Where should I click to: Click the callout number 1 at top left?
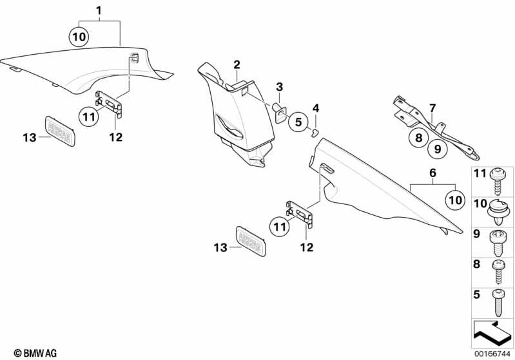click(x=99, y=11)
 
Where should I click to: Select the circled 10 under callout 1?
click(x=79, y=37)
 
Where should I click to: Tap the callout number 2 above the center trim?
click(x=237, y=64)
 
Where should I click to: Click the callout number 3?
click(x=280, y=87)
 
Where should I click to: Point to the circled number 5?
click(x=298, y=122)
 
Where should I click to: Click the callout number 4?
click(x=316, y=108)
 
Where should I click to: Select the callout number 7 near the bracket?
click(x=432, y=108)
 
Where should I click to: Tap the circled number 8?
click(x=419, y=137)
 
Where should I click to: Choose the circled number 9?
click(x=438, y=149)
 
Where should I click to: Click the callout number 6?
click(x=433, y=173)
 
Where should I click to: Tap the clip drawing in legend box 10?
click(x=499, y=212)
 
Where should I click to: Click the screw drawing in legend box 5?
click(x=498, y=303)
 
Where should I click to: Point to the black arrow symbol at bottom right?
click(x=492, y=332)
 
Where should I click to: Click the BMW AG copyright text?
click(x=35, y=353)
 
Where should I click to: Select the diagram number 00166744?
click(x=492, y=354)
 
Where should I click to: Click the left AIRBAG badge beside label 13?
click(x=60, y=131)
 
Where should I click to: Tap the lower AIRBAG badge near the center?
click(x=251, y=241)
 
